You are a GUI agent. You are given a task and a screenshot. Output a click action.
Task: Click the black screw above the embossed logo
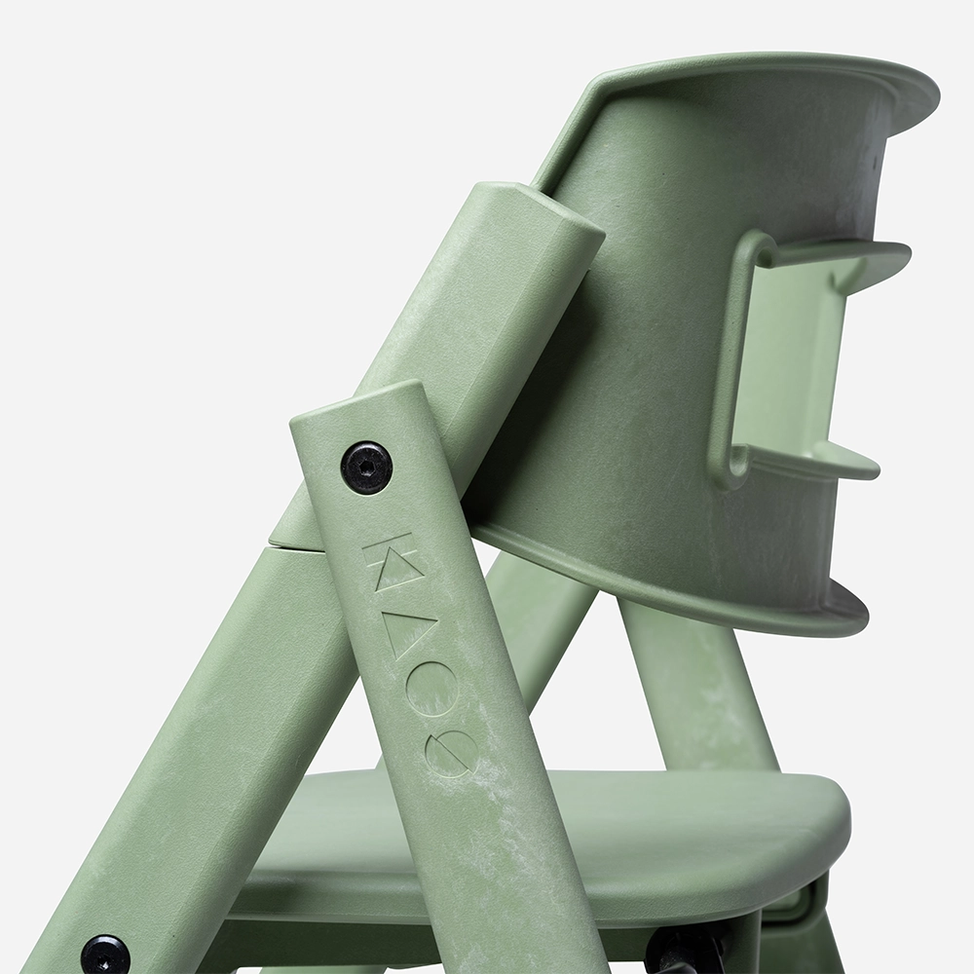point(366,467)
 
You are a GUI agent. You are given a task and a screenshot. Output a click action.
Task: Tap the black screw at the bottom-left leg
point(104,954)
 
